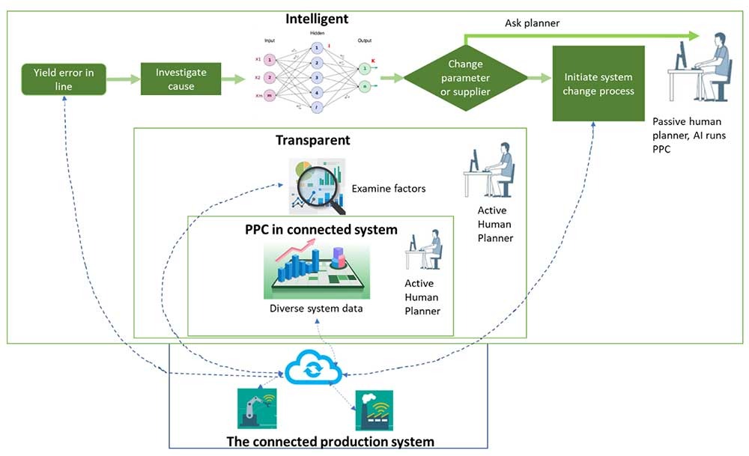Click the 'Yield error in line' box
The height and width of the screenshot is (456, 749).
point(63,78)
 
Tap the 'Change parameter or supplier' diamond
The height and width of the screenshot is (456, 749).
point(469,78)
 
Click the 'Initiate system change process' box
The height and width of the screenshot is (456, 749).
point(598,83)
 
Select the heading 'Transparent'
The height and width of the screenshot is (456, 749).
point(312,140)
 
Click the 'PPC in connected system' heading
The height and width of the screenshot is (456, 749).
point(321,229)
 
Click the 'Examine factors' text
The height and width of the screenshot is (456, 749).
point(389,189)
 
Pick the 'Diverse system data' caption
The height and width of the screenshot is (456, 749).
point(311,308)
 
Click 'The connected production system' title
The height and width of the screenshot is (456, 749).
point(330,440)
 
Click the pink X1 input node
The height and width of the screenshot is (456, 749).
point(269,58)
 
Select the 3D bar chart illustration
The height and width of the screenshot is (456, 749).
point(315,270)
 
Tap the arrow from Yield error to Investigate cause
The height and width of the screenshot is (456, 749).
point(124,78)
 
